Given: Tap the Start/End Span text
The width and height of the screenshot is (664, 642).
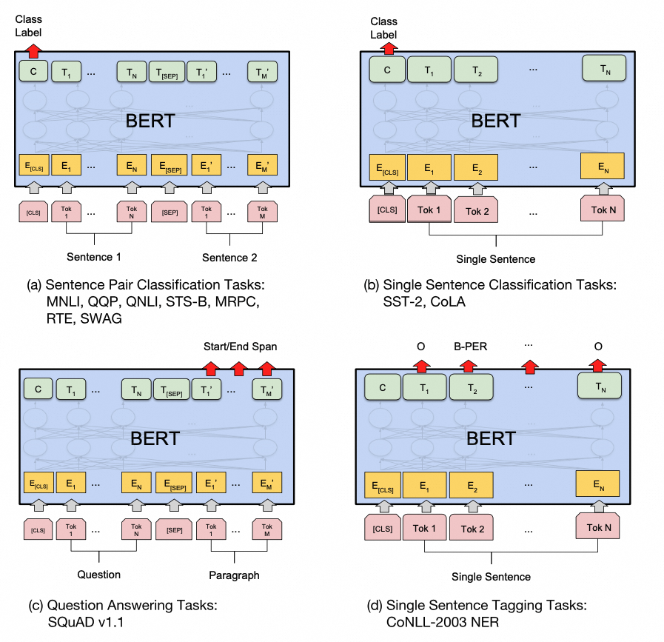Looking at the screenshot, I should (x=239, y=347).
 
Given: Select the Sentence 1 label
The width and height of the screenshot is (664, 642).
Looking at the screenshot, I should (x=94, y=257).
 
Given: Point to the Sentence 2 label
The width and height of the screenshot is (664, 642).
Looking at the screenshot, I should (x=229, y=257).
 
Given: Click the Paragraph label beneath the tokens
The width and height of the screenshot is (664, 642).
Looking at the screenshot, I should (x=233, y=575).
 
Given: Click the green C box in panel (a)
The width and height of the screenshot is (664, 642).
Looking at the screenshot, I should (x=33, y=72).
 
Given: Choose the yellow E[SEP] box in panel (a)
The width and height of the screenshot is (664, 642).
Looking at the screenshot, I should (x=167, y=164).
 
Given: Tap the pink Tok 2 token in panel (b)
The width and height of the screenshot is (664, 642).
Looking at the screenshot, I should (x=477, y=211).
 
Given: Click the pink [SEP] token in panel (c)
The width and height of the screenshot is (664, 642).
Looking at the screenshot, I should (x=174, y=529).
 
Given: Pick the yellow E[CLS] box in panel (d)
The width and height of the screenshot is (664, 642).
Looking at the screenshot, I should (x=380, y=486).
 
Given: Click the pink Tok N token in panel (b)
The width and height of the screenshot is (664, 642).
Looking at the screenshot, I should (x=603, y=210).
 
